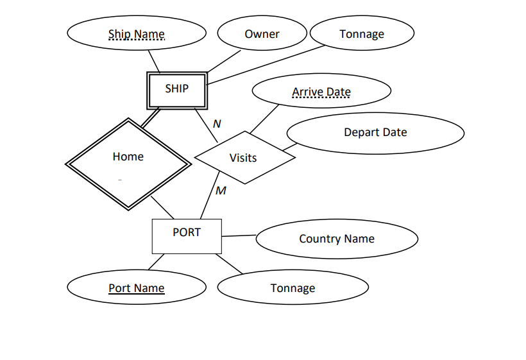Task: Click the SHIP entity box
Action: click(177, 89)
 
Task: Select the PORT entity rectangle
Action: click(187, 236)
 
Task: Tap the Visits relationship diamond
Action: click(244, 157)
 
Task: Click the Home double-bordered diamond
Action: click(128, 163)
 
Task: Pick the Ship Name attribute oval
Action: click(137, 33)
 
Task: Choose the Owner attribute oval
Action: click(262, 34)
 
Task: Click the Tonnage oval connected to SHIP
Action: click(362, 34)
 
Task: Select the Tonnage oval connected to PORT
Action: click(293, 288)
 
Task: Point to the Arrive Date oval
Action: click(321, 92)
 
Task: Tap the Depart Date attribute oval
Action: click(375, 133)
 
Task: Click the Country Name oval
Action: click(337, 239)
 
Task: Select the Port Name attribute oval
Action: click(137, 288)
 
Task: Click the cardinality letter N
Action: click(217, 123)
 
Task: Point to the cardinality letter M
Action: click(221, 191)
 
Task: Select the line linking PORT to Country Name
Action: click(239, 236)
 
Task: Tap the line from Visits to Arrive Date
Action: click(264, 119)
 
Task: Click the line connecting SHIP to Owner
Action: click(223, 62)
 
